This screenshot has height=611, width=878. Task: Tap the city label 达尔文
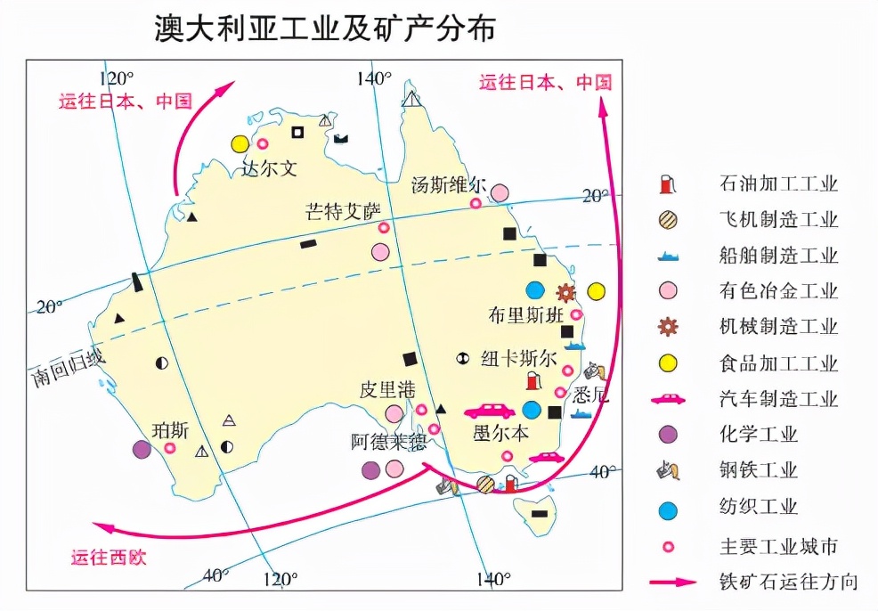(269, 167)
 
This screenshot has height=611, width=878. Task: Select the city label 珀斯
(171, 429)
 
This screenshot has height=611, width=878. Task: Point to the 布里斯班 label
(525, 314)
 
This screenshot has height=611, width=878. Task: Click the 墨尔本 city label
(500, 434)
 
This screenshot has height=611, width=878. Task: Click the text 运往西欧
(109, 558)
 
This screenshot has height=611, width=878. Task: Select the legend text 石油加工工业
(778, 185)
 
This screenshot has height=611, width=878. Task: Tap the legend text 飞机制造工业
(778, 221)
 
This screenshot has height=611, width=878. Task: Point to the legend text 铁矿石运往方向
(789, 582)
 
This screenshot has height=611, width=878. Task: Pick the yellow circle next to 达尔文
(240, 143)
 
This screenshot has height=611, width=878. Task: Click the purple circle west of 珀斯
(142, 450)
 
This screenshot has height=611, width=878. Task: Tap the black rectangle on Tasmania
(539, 514)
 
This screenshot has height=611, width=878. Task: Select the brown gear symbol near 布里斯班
(565, 291)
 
